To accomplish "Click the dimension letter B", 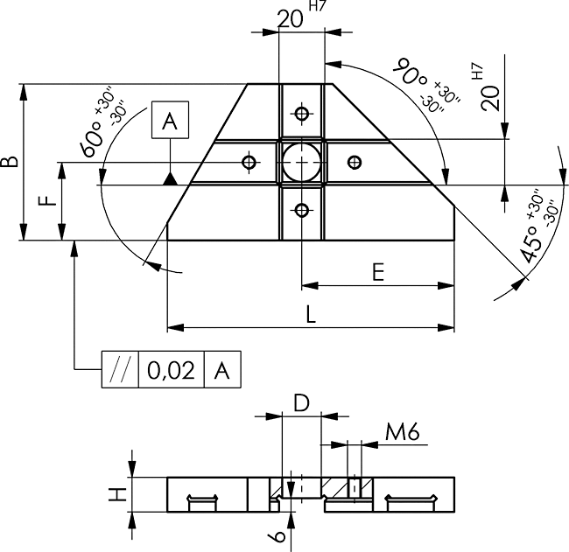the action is (10, 162).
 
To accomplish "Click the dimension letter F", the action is (48, 200).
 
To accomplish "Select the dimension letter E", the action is (378, 272).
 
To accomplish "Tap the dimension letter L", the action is (311, 314).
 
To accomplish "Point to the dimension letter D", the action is (301, 403).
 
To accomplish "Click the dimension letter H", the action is (117, 494).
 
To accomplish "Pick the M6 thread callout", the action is (402, 432).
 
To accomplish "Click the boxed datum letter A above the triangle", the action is (170, 121).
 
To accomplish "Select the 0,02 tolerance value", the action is (172, 370).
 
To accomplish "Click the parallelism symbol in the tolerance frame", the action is (120, 370).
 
